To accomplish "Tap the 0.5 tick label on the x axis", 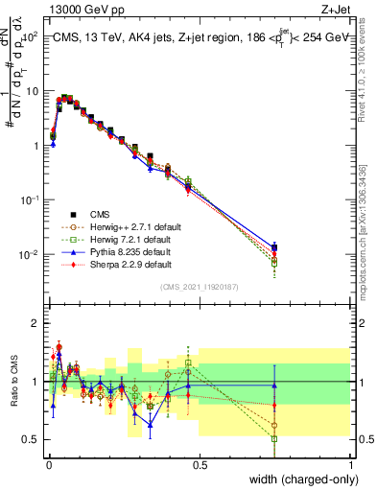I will (x=199, y=463).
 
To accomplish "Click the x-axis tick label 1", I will (x=351, y=463).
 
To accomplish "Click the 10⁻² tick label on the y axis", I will (x=29, y=254).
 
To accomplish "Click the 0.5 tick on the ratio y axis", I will (x=32, y=439).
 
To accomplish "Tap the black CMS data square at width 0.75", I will (x=274, y=247).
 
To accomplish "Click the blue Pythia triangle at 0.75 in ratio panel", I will (x=274, y=386).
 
